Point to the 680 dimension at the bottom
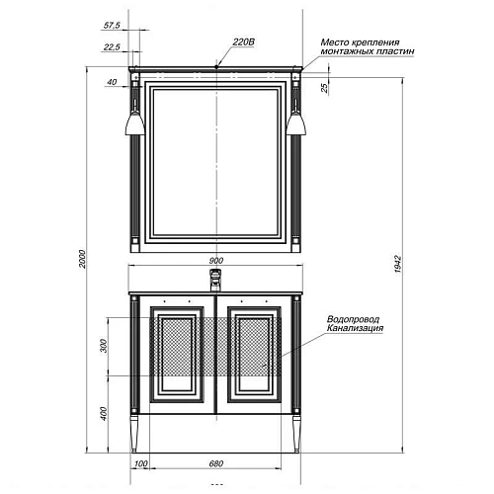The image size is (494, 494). tap(216, 463)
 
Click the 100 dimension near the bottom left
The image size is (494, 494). tap(140, 463)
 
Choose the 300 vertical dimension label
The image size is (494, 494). tap(103, 346)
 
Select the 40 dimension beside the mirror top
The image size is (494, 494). tap(112, 83)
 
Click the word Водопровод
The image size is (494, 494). tap(350, 319)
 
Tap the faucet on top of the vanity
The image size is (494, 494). tap(216, 280)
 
